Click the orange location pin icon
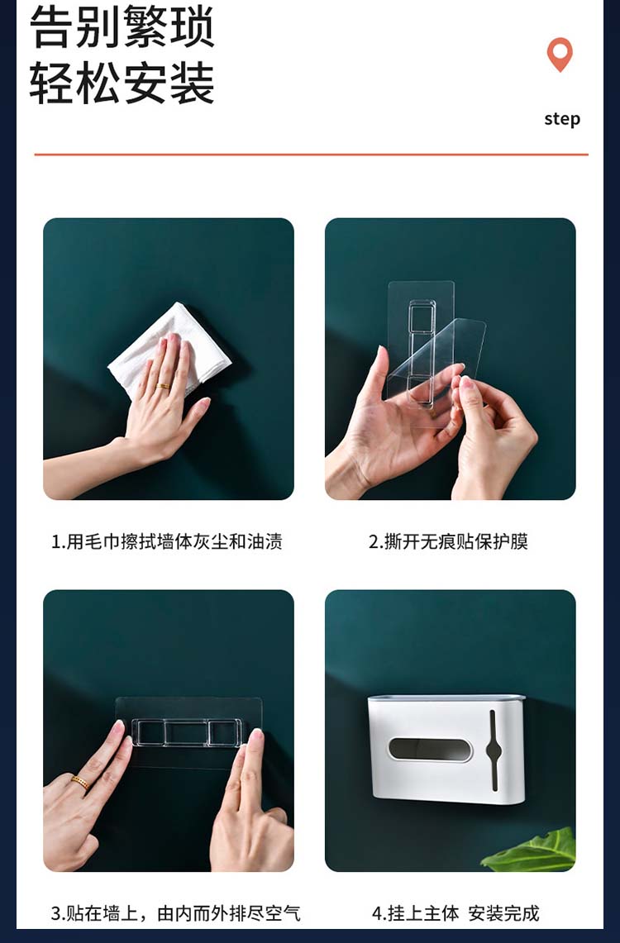(560, 54)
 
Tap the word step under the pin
(562, 118)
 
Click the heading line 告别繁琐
(122, 26)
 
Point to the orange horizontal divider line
(311, 155)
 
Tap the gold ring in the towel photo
(164, 385)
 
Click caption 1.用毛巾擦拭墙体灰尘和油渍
(167, 541)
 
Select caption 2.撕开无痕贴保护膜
(449, 541)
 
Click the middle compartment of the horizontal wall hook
(187, 733)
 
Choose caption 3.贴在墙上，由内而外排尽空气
(175, 913)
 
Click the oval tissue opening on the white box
(429, 750)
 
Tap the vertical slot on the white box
(494, 750)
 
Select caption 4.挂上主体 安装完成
(455, 913)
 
